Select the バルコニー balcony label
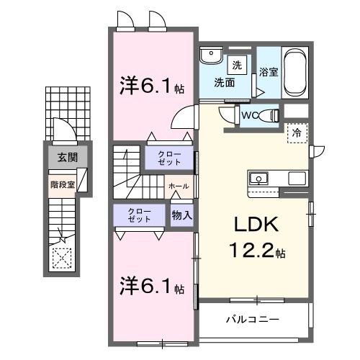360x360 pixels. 252,318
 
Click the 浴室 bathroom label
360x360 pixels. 268,72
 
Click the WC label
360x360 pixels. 248,114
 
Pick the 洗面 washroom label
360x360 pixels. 223,82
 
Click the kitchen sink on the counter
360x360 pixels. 258,178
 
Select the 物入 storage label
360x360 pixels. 181,215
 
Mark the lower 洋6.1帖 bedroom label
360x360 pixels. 151,287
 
